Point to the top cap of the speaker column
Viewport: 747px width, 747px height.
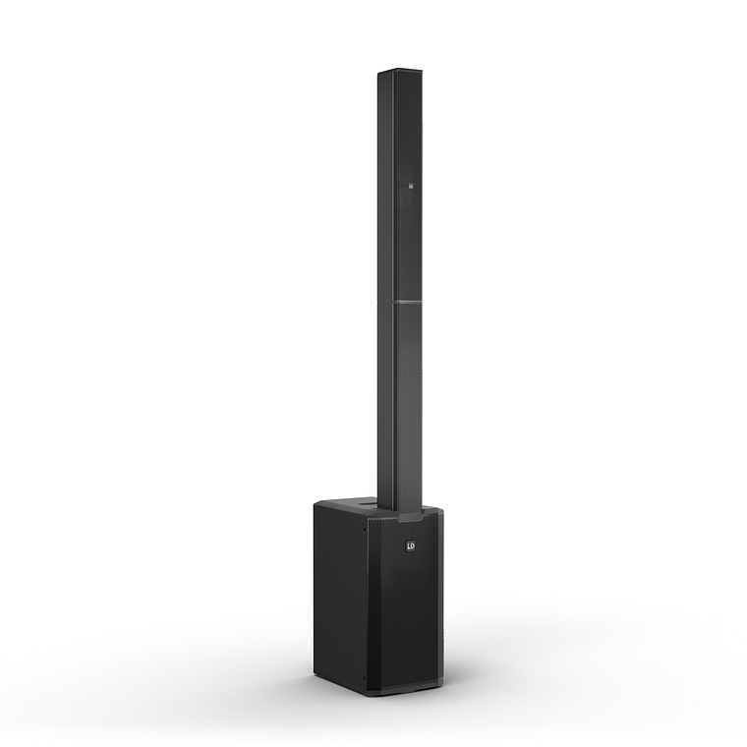click(400, 73)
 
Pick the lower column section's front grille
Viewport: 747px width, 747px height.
click(410, 403)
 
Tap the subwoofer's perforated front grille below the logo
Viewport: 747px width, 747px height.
click(406, 619)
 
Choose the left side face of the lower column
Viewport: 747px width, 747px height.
click(387, 403)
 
